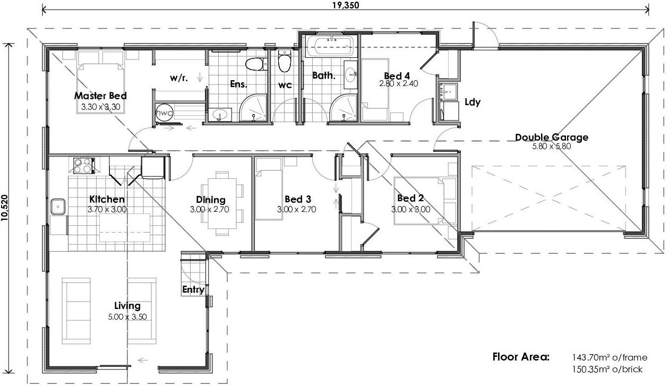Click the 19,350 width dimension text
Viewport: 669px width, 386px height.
pos(346,5)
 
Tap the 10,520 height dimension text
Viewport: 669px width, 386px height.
pos(4,208)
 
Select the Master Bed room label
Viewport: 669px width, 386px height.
pos(100,96)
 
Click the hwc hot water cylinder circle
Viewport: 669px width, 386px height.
pos(164,113)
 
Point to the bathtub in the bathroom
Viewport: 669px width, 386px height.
pos(329,46)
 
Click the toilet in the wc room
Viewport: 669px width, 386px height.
pos(285,61)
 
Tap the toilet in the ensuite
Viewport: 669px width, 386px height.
pos(256,64)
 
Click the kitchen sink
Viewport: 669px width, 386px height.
pos(58,207)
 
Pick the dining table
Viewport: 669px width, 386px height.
pos(222,203)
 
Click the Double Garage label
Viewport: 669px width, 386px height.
pos(552,137)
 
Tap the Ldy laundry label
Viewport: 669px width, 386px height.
pos(473,102)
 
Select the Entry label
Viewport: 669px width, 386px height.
pos(193,289)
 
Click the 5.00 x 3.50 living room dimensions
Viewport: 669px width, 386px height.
pos(127,316)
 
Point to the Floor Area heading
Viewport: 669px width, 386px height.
pos(521,357)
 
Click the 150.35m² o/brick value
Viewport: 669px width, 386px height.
pos(607,369)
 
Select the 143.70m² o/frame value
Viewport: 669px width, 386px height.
pos(610,357)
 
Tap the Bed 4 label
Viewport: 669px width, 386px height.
pos(397,76)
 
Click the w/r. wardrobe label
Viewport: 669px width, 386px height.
pos(179,78)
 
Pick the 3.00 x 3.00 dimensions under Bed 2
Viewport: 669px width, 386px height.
pos(410,209)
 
